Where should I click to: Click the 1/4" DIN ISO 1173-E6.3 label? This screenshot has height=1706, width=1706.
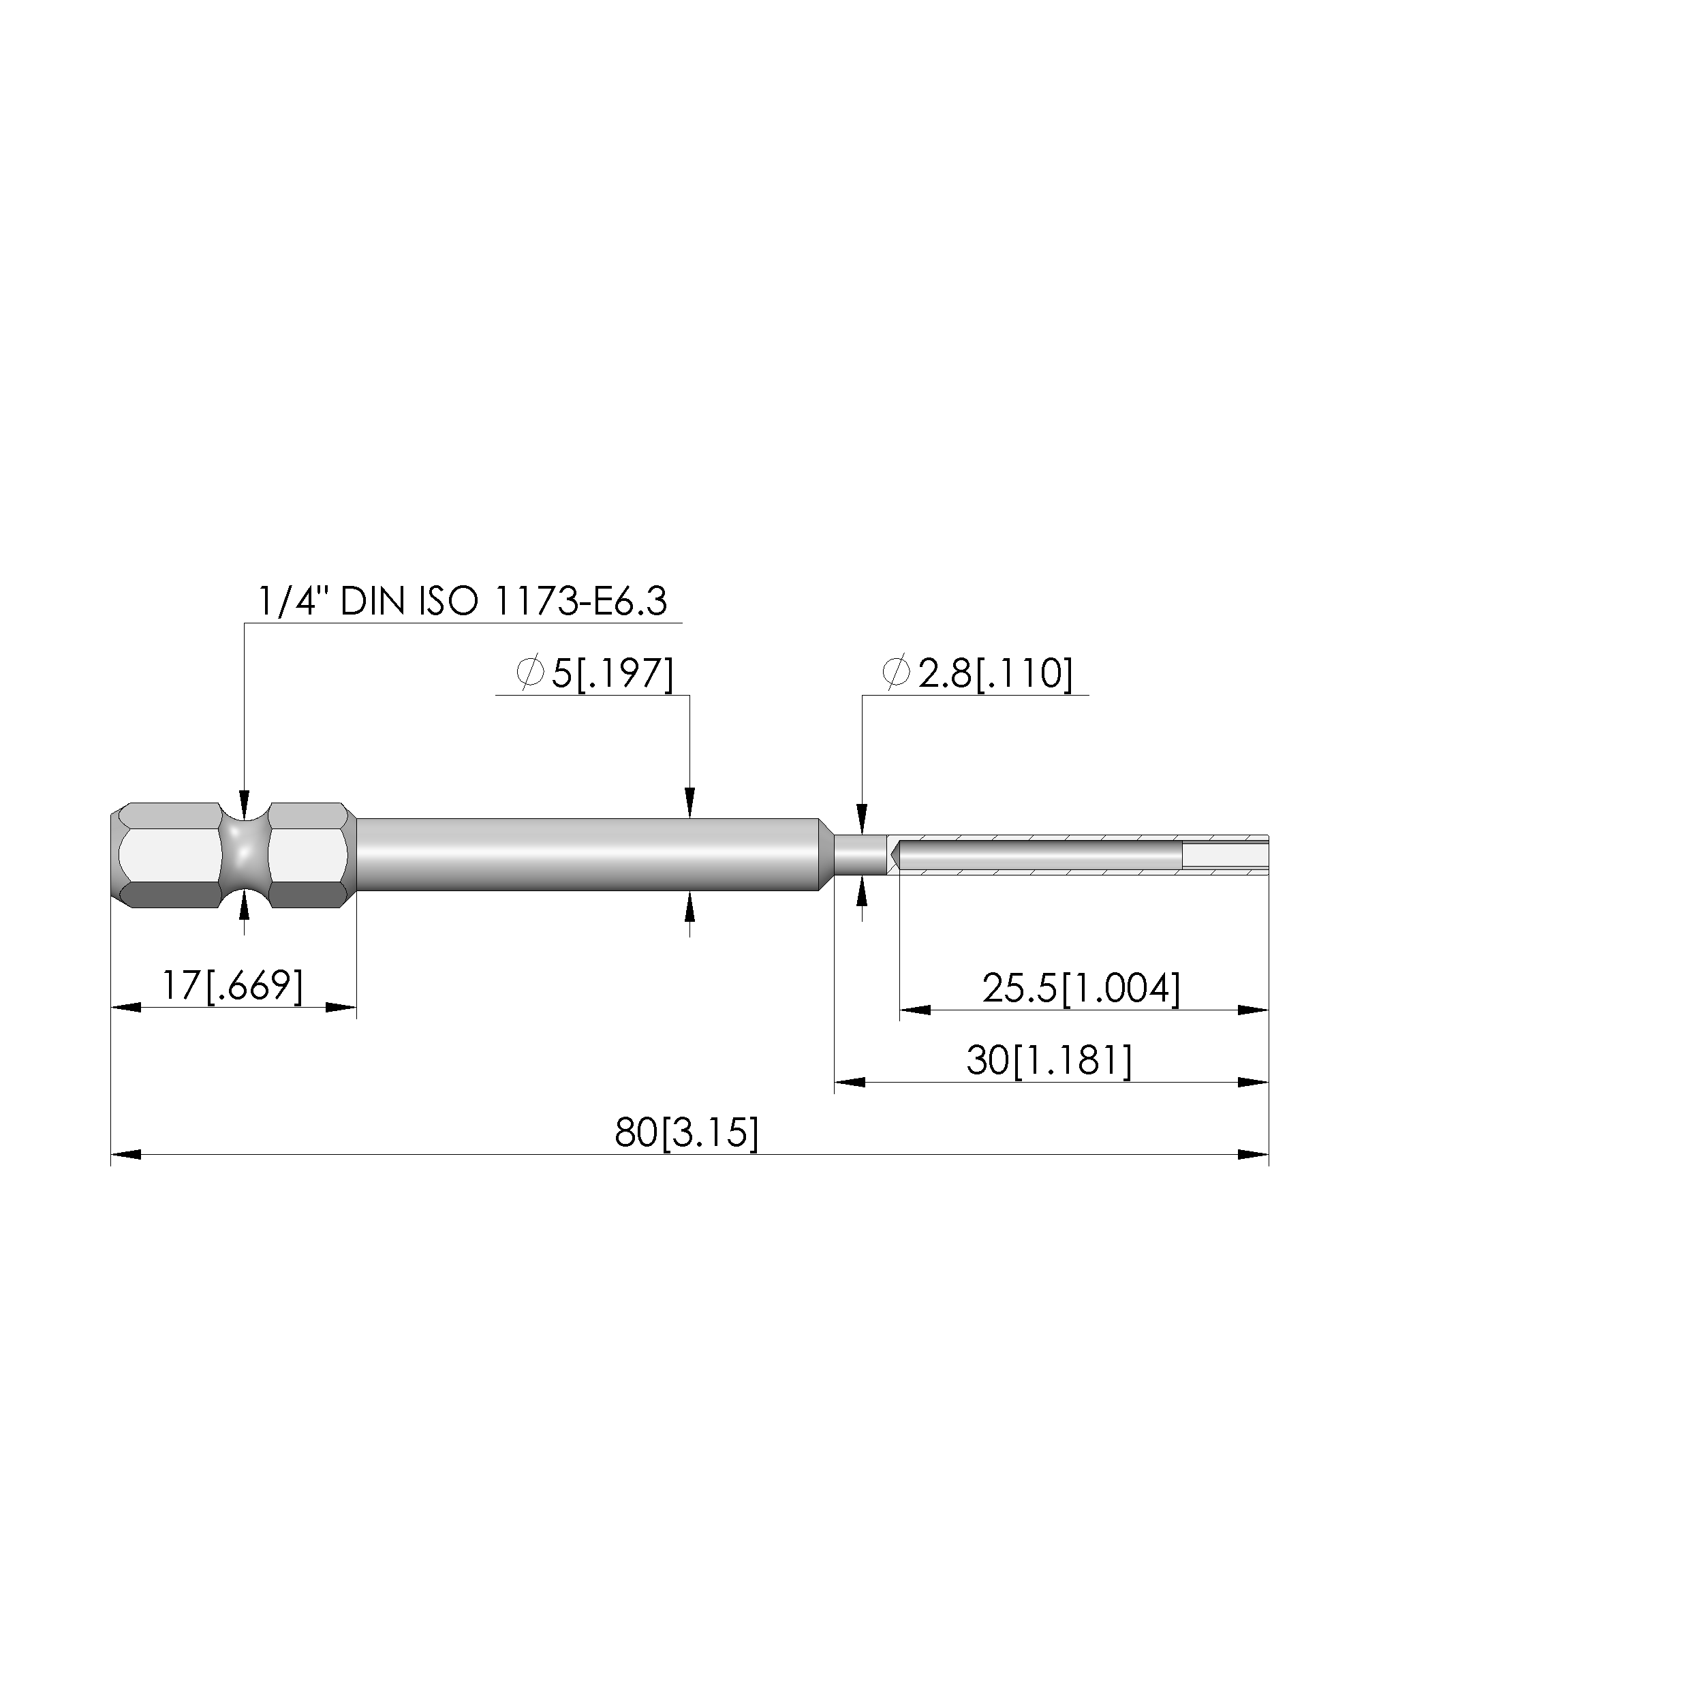[x=462, y=602]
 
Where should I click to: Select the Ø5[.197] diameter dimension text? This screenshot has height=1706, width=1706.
[x=595, y=674]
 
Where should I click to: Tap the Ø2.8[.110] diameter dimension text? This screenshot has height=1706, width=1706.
[x=978, y=674]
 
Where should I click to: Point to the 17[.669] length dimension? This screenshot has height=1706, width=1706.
[x=232, y=985]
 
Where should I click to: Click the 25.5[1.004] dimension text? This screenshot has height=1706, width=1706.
[x=1081, y=988]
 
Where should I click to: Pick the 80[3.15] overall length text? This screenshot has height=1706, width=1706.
[x=686, y=1133]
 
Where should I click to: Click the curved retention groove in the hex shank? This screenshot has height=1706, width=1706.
[x=244, y=855]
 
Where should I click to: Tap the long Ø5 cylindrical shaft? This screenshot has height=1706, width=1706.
[x=588, y=855]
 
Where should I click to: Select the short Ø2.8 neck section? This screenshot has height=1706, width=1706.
[x=859, y=855]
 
